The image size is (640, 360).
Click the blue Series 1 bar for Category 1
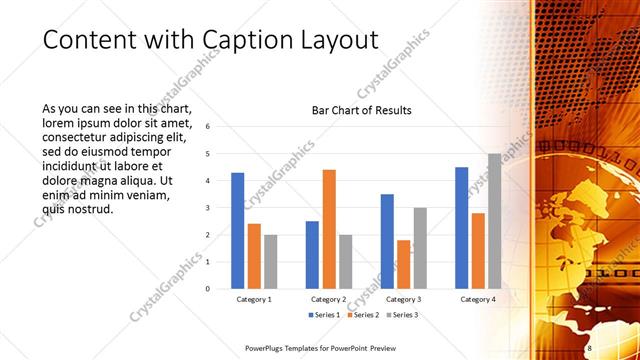(237, 231)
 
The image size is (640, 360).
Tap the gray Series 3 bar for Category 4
(494, 221)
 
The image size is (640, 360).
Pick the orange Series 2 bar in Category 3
(403, 264)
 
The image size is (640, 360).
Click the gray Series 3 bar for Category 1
(271, 262)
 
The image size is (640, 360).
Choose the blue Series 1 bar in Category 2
(312, 255)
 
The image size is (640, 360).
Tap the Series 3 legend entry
(401, 315)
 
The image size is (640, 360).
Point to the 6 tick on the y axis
(207, 127)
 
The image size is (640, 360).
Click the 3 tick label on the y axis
(207, 208)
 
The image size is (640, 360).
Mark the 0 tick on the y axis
(207, 289)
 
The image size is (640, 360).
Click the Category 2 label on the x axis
(329, 299)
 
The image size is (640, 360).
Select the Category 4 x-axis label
(477, 299)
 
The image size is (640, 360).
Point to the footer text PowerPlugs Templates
(285, 348)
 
